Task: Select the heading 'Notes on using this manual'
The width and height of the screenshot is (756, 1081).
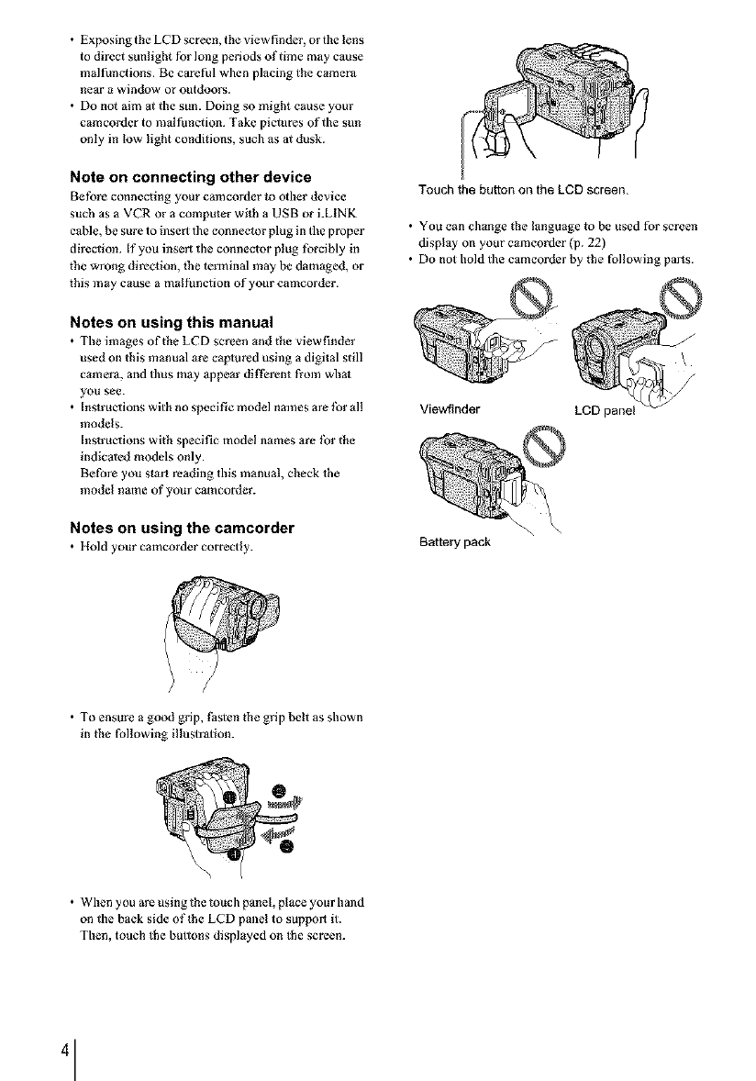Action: click(x=171, y=322)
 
